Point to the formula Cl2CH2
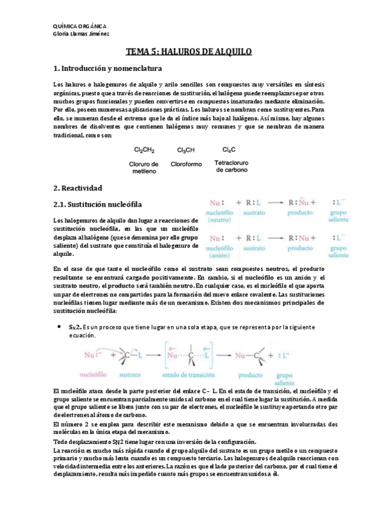(x=144, y=150)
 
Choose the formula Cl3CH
(x=186, y=150)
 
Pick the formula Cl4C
(x=229, y=149)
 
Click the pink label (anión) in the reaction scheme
(x=218, y=255)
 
